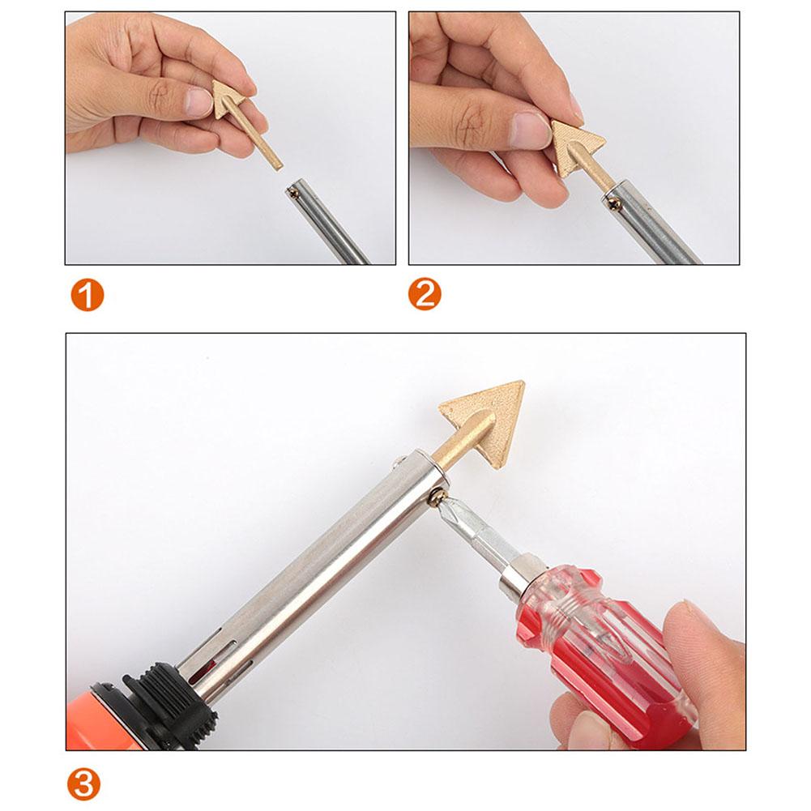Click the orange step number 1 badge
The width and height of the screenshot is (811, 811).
click(87, 296)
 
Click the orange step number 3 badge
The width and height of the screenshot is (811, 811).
click(84, 784)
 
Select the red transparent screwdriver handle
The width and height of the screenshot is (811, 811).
click(600, 648)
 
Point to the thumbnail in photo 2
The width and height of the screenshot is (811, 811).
click(531, 129)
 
